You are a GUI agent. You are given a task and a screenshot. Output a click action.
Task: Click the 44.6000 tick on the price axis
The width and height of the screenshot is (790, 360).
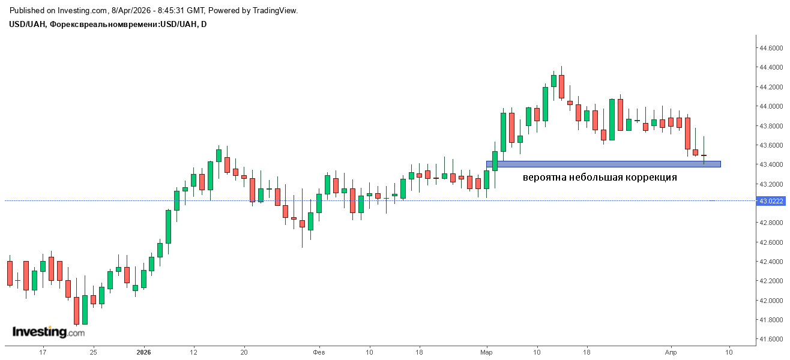771,48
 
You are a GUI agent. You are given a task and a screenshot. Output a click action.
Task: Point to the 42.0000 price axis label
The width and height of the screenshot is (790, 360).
771,301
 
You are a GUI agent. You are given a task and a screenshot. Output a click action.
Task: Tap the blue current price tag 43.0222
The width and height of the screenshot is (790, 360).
771,201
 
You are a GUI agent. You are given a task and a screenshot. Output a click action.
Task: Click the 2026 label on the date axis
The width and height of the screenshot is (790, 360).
143,352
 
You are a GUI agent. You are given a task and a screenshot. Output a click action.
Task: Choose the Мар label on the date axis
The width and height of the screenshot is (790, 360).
486,352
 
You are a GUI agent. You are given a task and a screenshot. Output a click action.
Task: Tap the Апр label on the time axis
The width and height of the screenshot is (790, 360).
671,352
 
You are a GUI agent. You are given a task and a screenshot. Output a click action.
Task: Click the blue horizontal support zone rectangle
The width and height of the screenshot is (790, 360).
603,164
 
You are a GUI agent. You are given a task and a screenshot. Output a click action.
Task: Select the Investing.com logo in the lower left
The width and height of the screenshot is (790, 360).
49,332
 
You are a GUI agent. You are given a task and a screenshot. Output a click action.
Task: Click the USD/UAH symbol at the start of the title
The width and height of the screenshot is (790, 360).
27,24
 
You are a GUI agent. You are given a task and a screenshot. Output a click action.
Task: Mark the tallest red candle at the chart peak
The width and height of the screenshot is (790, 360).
561,86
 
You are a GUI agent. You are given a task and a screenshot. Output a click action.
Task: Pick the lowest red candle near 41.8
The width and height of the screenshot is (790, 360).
76,311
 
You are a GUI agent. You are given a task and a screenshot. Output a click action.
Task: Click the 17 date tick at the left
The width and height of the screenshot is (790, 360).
43,352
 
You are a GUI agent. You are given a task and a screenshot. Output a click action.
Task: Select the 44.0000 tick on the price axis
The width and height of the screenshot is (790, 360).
771,106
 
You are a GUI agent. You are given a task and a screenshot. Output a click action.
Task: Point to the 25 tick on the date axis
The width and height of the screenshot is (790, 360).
93,352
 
